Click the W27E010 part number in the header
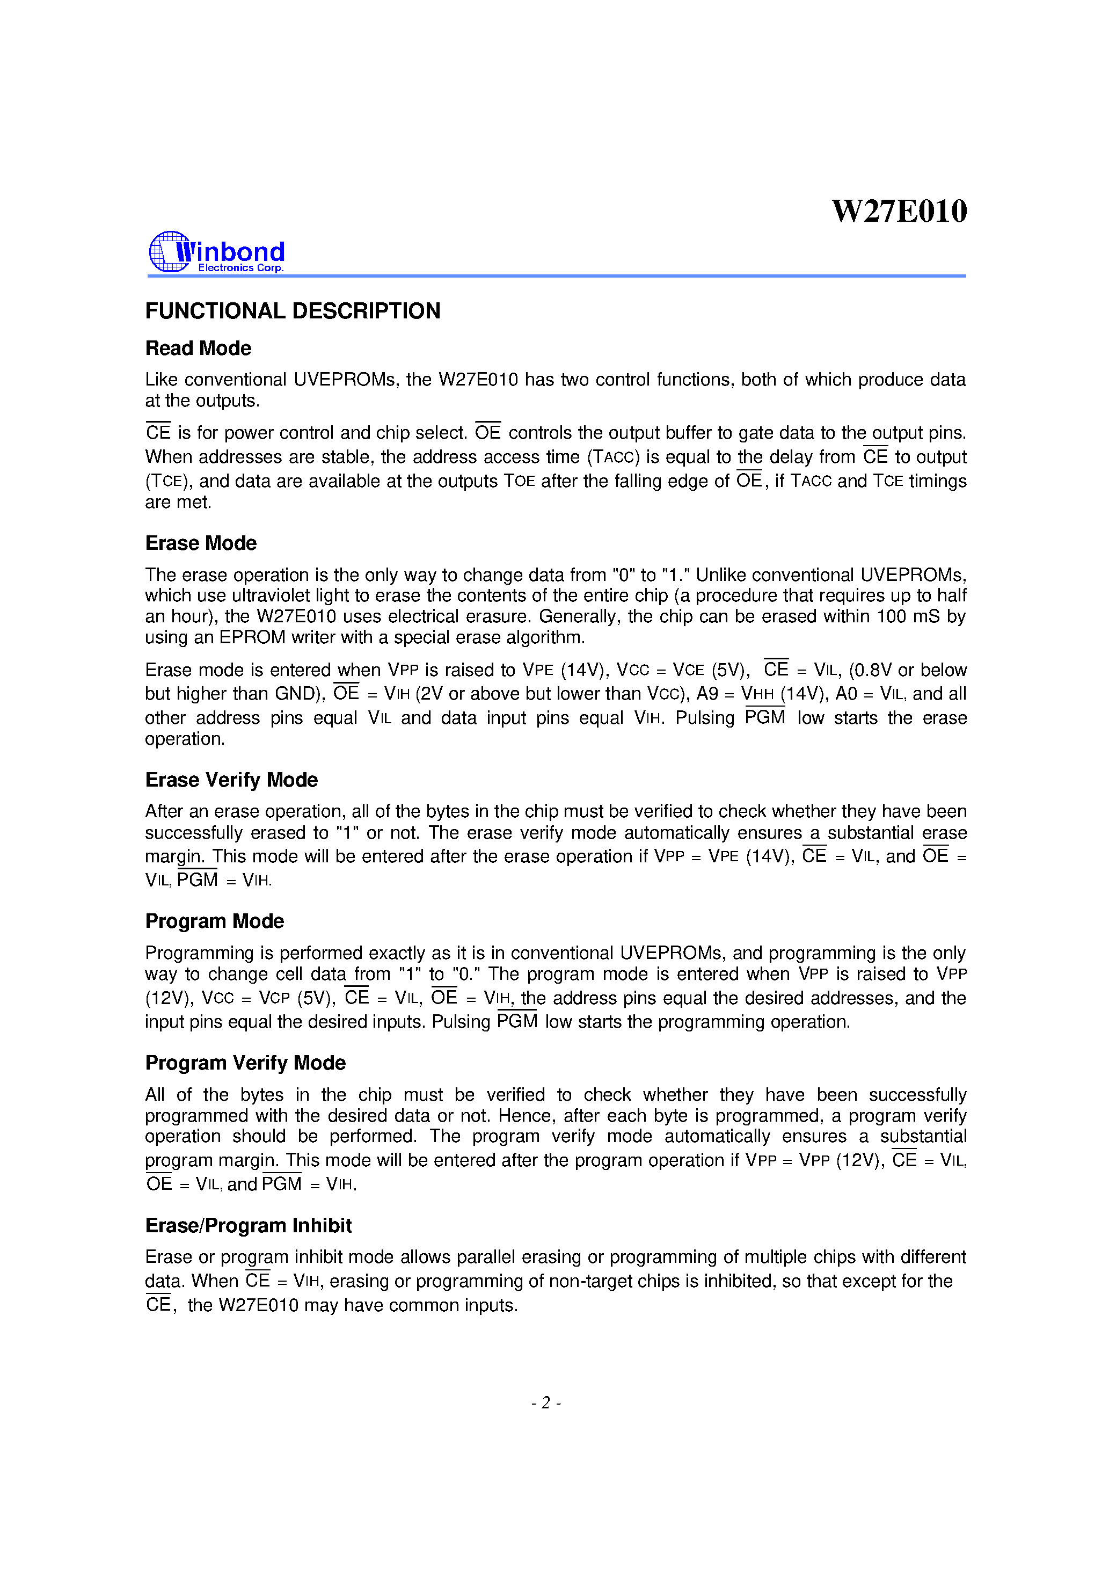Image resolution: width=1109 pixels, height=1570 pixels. (899, 212)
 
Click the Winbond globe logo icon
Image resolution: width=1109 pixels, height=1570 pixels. (167, 252)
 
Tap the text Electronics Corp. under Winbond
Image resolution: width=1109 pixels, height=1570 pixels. (240, 268)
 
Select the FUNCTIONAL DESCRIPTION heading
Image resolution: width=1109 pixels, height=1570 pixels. (293, 311)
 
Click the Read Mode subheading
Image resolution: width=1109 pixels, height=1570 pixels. (198, 348)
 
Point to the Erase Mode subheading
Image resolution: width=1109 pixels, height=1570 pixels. (201, 543)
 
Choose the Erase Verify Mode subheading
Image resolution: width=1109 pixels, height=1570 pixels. (231, 780)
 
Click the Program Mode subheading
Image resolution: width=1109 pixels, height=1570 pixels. (215, 922)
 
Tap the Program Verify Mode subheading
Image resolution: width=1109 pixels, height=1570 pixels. (245, 1063)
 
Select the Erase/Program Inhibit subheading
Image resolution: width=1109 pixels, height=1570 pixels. (248, 1226)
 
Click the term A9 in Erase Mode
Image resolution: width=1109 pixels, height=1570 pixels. (707, 694)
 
